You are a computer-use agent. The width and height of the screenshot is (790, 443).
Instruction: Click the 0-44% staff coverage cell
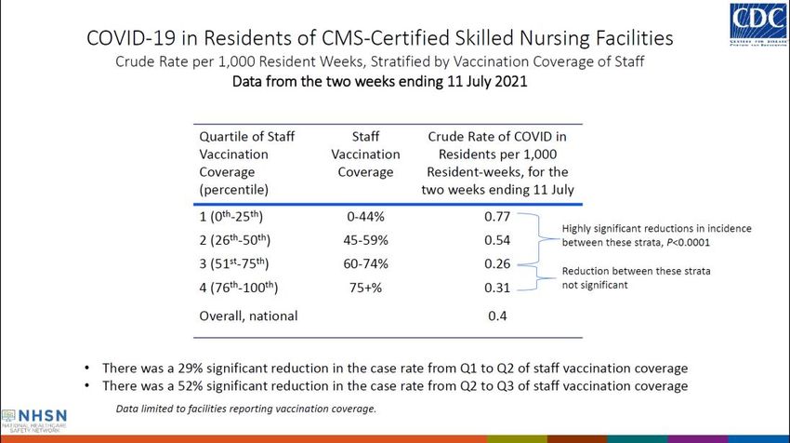365,218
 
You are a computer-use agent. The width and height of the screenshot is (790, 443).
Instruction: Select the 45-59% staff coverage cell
365,240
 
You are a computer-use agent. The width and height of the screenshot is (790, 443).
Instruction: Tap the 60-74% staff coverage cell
365,263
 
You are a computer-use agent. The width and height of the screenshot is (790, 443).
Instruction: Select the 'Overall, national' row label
248,316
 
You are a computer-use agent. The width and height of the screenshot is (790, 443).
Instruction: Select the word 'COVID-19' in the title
129,39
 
